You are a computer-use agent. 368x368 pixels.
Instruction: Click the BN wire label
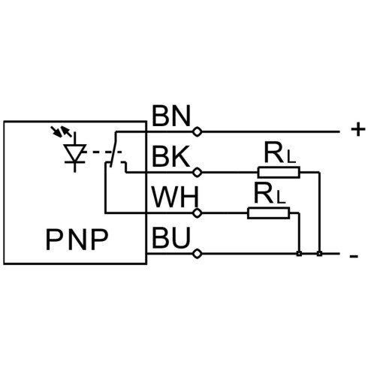tap(171, 116)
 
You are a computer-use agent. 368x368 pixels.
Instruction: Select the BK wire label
tap(170, 156)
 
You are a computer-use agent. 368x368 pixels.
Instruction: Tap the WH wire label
tap(175, 197)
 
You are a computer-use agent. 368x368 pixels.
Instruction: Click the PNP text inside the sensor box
tap(77, 240)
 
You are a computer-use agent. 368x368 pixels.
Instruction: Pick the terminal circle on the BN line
tap(198, 131)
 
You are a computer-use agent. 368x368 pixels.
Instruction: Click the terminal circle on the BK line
tap(198, 172)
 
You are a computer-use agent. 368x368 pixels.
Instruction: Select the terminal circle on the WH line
tap(198, 213)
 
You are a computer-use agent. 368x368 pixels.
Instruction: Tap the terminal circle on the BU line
tap(198, 254)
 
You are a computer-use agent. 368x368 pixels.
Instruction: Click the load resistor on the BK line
tap(279, 172)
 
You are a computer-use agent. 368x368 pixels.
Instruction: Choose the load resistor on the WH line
tap(269, 213)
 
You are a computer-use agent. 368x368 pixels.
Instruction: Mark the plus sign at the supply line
tap(358, 130)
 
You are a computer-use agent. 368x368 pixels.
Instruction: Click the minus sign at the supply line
tap(354, 256)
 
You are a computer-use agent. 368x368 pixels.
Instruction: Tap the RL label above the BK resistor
tap(280, 153)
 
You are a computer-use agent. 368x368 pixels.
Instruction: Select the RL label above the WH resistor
tap(270, 193)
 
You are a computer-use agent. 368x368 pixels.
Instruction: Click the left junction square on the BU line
tap(299, 254)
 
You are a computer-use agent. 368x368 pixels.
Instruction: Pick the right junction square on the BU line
tap(319, 254)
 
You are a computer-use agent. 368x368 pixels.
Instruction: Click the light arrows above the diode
tap(61, 131)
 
